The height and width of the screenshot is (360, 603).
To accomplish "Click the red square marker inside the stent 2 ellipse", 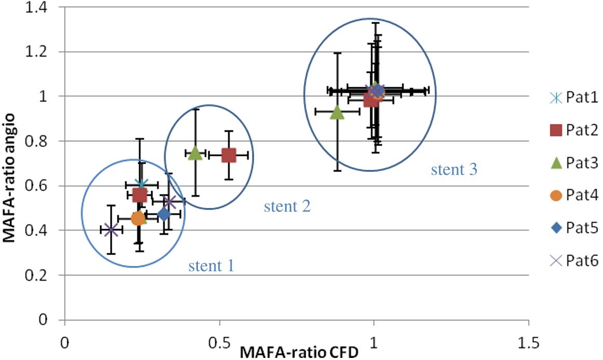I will click(229, 155).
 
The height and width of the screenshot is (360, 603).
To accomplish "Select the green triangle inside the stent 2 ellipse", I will click(195, 153).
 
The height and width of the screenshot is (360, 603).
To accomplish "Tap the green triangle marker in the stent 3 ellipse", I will click(337, 112).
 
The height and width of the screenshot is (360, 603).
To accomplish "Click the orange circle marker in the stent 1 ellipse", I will click(138, 219).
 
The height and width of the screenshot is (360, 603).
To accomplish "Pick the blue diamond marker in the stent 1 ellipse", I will click(164, 214).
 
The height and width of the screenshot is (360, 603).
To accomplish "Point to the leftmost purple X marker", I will click(111, 230).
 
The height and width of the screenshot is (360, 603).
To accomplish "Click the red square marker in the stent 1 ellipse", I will click(139, 195).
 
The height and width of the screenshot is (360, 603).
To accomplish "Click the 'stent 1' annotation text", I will click(211, 266).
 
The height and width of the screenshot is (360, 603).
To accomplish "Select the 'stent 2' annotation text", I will click(287, 207).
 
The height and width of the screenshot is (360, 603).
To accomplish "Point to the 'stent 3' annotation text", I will click(453, 169).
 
